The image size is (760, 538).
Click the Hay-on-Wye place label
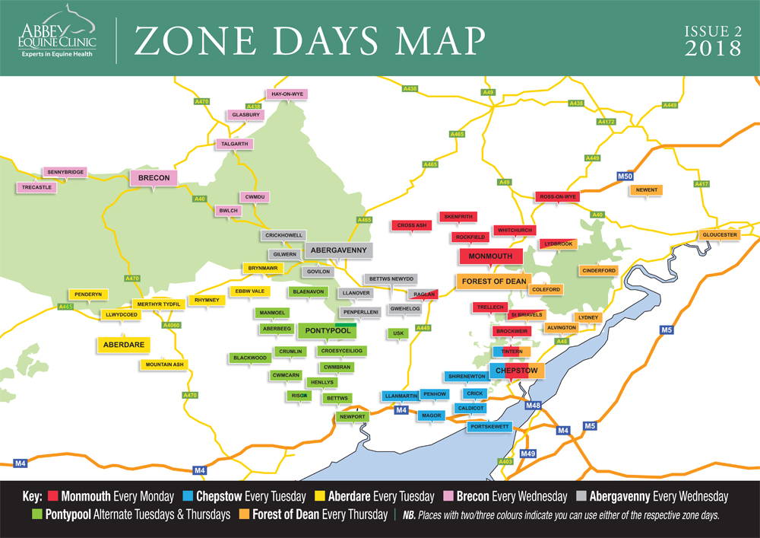click(x=287, y=94)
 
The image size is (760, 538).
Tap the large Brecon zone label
click(x=154, y=178)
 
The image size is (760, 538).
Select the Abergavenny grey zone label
click(x=338, y=250)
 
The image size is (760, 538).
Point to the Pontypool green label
click(x=327, y=330)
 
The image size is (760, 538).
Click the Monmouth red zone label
click(x=491, y=256)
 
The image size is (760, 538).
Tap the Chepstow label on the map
click(x=516, y=371)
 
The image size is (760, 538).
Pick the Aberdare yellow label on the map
click(x=122, y=345)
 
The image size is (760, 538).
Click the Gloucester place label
click(x=719, y=235)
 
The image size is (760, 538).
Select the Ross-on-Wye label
click(x=558, y=196)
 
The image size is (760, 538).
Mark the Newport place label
click(x=353, y=417)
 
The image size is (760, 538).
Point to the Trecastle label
click(x=36, y=187)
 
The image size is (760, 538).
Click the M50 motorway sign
click(x=625, y=177)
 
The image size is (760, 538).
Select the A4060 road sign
click(x=172, y=325)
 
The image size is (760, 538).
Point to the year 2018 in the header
click(x=713, y=48)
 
